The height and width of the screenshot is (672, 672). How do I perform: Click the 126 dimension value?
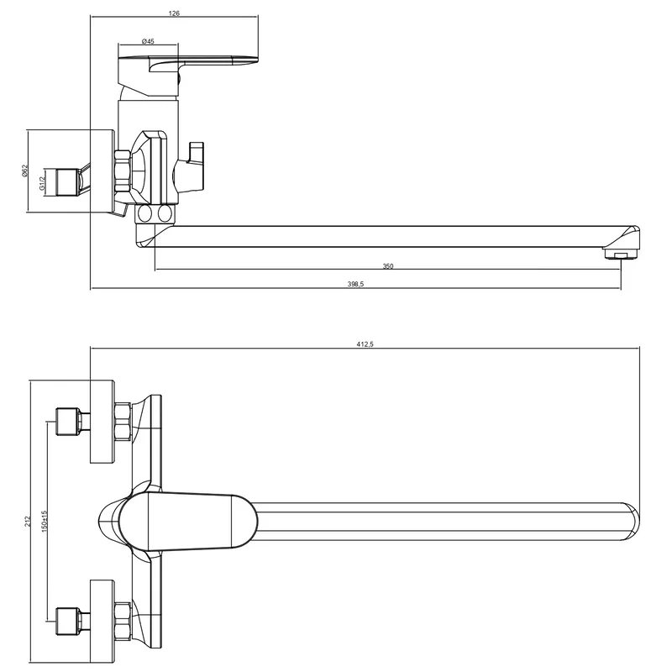pos(174,13)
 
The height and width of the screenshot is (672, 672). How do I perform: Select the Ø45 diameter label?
pos(148,41)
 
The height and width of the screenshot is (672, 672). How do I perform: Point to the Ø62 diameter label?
pos(24,171)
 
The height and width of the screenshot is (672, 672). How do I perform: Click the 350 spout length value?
pos(388,266)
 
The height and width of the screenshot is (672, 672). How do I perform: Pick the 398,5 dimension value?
pos(355,284)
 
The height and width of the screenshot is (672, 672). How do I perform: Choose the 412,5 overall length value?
pos(365,344)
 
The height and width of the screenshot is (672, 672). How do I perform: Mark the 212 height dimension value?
pos(29,521)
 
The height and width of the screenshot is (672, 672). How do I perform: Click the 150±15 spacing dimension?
pos(45,521)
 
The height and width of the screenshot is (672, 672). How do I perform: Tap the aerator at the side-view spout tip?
pos(621,255)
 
